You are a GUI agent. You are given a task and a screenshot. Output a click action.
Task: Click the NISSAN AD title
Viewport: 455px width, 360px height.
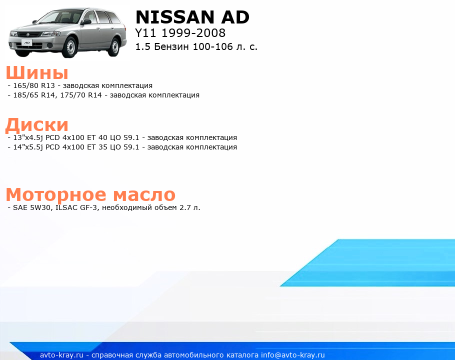(192, 17)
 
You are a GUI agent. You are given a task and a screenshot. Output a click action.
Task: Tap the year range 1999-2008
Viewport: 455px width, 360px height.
(193, 33)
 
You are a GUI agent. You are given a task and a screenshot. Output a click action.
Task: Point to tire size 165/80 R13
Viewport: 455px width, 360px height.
(34, 85)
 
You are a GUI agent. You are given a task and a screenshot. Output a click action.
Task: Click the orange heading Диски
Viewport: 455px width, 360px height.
(37, 124)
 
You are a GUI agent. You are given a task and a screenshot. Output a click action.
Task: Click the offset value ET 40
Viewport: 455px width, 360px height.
(97, 137)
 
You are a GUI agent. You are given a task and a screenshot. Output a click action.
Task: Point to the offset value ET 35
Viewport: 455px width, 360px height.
(97, 147)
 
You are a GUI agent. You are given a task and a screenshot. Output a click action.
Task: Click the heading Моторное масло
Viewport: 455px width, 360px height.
(90, 194)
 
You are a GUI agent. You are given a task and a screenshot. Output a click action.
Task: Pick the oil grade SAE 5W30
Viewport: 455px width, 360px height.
(31, 207)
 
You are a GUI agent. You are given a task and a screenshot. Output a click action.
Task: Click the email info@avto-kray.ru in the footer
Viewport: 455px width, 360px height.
(293, 355)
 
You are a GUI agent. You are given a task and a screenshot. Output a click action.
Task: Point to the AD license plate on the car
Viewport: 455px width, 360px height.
(26, 43)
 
